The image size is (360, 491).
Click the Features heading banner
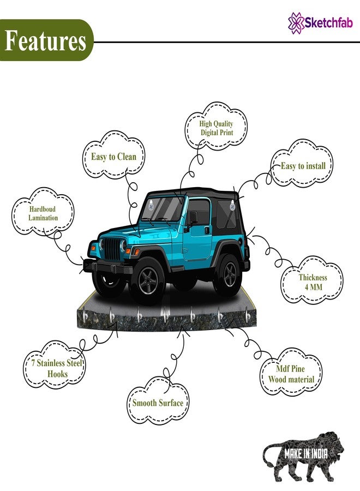46,40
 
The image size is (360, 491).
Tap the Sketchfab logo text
329,23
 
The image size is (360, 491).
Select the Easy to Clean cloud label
113,157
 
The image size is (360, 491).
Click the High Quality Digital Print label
217,128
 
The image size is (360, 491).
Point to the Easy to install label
303,166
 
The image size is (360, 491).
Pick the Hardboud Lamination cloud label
43,213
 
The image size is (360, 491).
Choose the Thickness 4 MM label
313,282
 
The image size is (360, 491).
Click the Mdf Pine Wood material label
291,374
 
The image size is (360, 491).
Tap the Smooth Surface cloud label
158,403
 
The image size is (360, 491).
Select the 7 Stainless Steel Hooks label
56,368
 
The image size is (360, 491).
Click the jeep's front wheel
148,280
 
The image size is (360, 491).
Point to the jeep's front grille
112,249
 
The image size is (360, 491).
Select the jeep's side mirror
193,217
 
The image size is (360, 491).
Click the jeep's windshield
163,208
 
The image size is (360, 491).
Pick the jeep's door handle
207,230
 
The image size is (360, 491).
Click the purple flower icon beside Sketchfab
296,23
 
